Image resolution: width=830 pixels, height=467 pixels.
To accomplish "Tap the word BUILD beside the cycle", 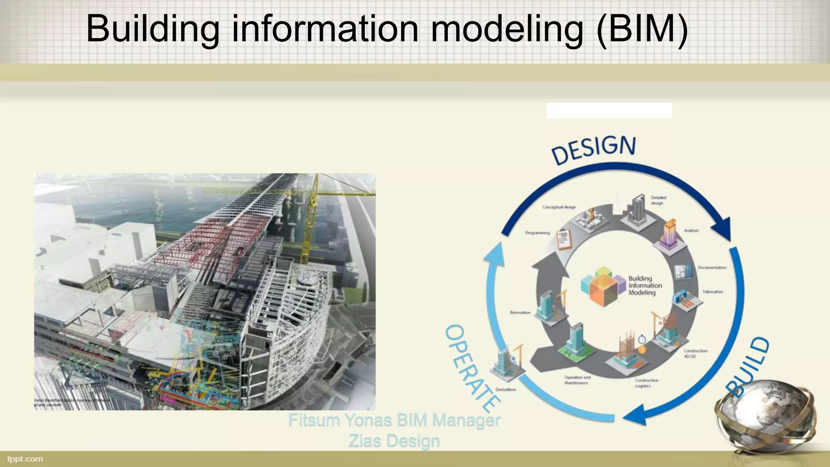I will (x=748, y=367).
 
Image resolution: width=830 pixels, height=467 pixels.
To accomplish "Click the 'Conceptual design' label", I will (x=559, y=207).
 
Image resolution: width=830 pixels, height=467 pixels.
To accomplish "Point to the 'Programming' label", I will (x=537, y=233).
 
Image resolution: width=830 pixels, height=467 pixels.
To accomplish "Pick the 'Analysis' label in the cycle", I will (x=691, y=231).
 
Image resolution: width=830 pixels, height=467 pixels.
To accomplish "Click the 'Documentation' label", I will (x=712, y=268).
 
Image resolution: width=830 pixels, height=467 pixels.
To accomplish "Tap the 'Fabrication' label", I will (x=713, y=292).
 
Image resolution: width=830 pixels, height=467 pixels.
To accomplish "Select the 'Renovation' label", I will (x=520, y=313).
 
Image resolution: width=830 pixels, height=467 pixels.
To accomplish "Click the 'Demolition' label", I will (x=506, y=390).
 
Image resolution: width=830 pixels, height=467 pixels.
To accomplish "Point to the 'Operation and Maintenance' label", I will (x=577, y=380).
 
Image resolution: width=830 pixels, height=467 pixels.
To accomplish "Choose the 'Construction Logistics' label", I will (x=646, y=383).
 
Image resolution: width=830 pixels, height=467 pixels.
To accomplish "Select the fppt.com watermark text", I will (x=25, y=459).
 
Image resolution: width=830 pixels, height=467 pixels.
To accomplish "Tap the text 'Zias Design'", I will (x=394, y=441).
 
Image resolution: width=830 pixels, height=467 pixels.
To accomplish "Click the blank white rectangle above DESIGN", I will (x=609, y=111).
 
